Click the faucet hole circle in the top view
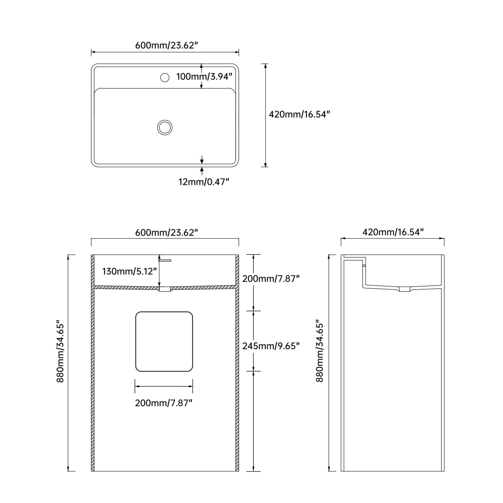pyautogui.click(x=165, y=73)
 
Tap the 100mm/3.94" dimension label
pyautogui.click(x=204, y=77)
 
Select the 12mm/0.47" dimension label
pyautogui.click(x=204, y=182)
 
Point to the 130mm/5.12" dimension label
pyautogui.click(x=129, y=272)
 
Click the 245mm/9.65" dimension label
pyautogui.click(x=271, y=346)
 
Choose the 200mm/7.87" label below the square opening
pyautogui.click(x=163, y=403)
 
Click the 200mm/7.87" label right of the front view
pyautogui.click(x=271, y=278)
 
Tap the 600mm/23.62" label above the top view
pyautogui.click(x=166, y=45)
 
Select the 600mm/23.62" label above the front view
pyautogui.click(x=166, y=232)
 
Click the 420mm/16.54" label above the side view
pyautogui.click(x=393, y=232)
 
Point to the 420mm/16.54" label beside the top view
pyautogui.click(x=299, y=114)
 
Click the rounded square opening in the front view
pyautogui.click(x=136, y=341)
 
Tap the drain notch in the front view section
pyautogui.click(x=165, y=289)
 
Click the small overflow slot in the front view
pyautogui.click(x=165, y=260)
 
